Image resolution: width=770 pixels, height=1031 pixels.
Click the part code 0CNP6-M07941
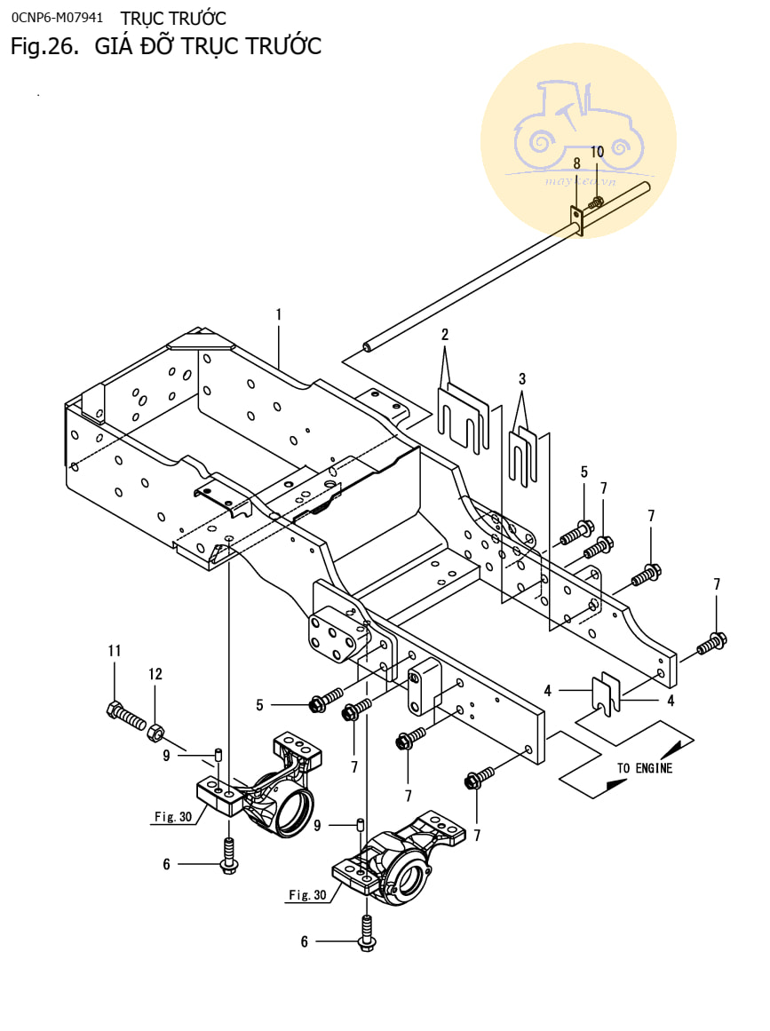(x=57, y=17)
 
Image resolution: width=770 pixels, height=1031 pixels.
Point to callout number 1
(x=278, y=314)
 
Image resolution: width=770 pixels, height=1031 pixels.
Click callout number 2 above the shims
(x=445, y=335)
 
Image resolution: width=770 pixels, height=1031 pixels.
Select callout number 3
(x=522, y=379)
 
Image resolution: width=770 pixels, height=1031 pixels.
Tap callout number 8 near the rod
(x=576, y=163)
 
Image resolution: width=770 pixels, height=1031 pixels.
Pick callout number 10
(x=597, y=152)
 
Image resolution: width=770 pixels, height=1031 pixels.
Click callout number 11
(x=114, y=651)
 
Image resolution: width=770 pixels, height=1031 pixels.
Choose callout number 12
(x=155, y=675)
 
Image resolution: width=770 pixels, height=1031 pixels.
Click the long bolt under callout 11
(x=126, y=715)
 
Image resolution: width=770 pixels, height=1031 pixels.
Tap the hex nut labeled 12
(x=155, y=732)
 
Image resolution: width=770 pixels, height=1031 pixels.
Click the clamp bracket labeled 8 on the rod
(x=576, y=220)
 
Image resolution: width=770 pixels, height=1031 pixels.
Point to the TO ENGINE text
(x=645, y=768)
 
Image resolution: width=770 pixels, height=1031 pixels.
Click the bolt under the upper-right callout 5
(x=577, y=534)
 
